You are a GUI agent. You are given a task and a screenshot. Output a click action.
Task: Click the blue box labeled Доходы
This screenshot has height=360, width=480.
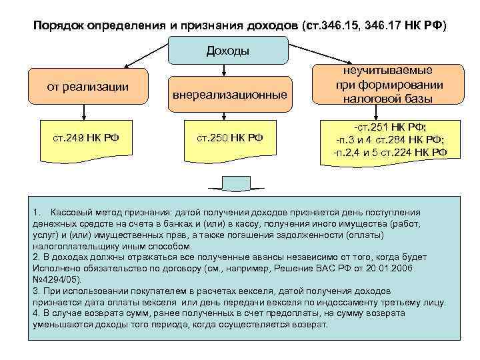229,51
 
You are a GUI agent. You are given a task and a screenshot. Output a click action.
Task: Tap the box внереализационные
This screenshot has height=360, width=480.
230,95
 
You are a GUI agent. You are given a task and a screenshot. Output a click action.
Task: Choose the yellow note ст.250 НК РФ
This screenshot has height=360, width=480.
230,139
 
